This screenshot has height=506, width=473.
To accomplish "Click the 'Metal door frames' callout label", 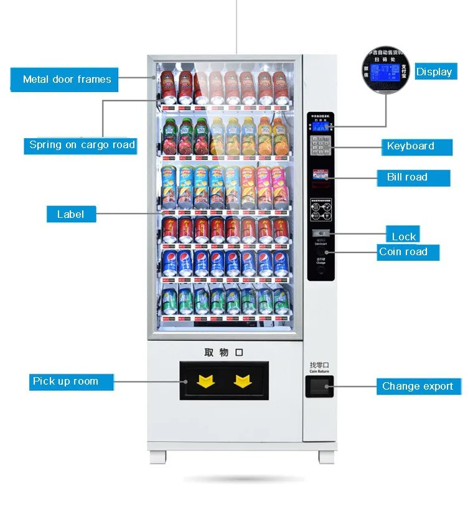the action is (67, 79).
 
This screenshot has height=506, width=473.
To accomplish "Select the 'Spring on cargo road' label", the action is (82, 145).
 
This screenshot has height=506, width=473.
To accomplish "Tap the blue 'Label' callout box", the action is (71, 214).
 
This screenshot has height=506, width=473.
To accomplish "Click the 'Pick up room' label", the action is (65, 382).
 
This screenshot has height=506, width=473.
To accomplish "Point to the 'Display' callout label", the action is (434, 72).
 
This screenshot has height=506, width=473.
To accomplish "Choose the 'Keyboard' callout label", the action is (411, 146).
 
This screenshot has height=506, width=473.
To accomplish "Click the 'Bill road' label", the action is (408, 177).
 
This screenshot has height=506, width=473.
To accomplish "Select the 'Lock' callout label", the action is (404, 236).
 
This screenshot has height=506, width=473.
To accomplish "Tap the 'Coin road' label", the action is (403, 251).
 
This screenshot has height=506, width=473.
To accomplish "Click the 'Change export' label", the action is (418, 387).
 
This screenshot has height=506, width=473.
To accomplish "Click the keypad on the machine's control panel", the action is (321, 146).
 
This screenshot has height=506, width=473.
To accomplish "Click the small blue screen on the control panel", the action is (321, 127).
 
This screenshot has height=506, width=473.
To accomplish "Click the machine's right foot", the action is (327, 457).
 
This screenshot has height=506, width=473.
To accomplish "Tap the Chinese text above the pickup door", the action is (223, 352).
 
